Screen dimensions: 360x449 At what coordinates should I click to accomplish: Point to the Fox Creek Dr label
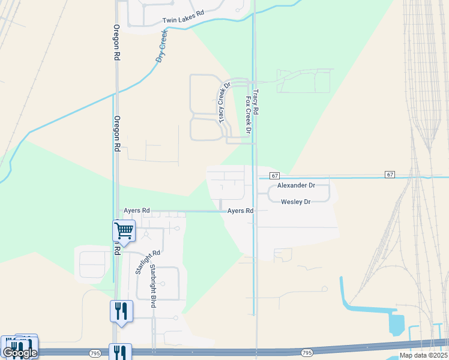pos(247,115)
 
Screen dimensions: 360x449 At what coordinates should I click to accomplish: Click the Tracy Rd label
pos(256,103)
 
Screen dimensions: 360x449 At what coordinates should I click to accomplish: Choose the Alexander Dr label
pos(296,186)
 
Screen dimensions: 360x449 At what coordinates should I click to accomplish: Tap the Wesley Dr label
pos(296,202)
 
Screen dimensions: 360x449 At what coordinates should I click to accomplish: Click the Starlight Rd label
pos(140,262)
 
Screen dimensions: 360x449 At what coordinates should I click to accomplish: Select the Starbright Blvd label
pos(153,286)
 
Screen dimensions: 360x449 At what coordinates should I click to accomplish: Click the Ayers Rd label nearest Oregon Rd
pos(137,211)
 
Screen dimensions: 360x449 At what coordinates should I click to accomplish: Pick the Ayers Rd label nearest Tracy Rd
pos(240,211)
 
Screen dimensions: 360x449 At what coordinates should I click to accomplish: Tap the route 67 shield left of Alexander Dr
pos(274,175)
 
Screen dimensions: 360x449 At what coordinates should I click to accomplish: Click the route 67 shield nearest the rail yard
pos(390,175)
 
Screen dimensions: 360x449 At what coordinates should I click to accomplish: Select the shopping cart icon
pos(124,230)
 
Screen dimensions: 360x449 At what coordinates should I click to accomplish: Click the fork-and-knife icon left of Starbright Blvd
pos(121,311)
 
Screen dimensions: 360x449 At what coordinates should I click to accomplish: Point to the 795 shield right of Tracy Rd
pos(307,353)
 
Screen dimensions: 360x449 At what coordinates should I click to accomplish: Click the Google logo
pos(20,353)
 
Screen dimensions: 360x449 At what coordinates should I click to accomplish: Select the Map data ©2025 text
pos(424,355)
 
